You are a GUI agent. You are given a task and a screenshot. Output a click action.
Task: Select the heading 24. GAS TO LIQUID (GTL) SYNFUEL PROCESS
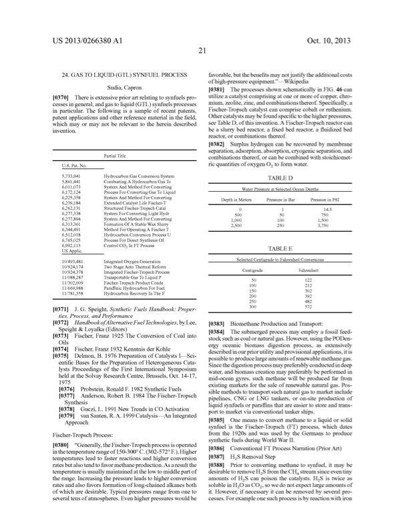tap(121, 75)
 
